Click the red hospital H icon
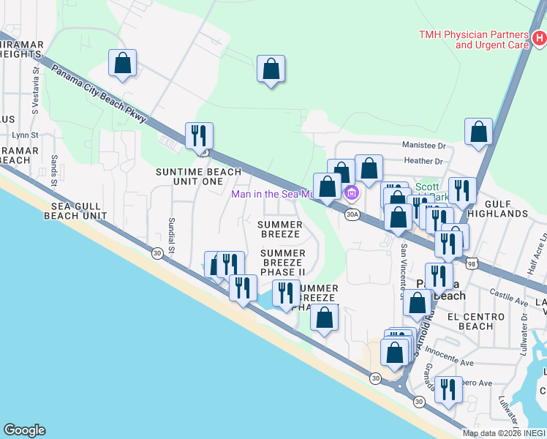pyautogui.click(x=539, y=37)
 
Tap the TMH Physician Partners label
pyautogui.click(x=473, y=40)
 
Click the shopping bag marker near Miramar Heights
pyautogui.click(x=123, y=64)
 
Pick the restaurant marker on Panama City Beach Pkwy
pyautogui.click(x=199, y=136)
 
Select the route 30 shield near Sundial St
pyautogui.click(x=156, y=252)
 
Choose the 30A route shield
pyautogui.click(x=352, y=214)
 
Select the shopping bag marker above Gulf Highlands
pyautogui.click(x=478, y=132)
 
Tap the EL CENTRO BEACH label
pyautogui.click(x=475, y=321)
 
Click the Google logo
pyautogui.click(x=24, y=430)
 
